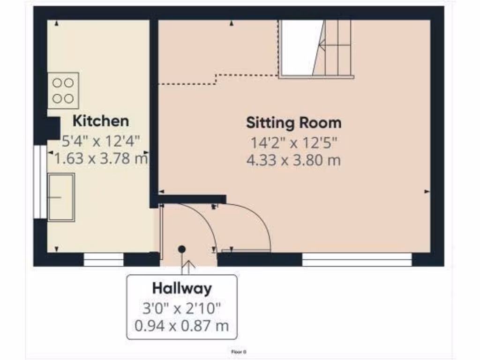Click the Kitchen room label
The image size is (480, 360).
[100, 121]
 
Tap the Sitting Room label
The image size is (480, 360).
[294, 123]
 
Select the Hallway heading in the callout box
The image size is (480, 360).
[181, 288]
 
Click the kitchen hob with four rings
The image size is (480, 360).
[63, 90]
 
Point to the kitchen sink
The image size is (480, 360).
[61, 197]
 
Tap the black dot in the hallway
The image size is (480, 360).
[182, 249]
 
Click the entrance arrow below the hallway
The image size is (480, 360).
[188, 268]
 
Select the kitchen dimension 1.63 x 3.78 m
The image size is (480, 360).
[101, 158]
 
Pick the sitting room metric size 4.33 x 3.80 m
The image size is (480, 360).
[293, 161]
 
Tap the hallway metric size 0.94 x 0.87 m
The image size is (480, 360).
[181, 325]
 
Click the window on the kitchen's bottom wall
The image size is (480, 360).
[103, 260]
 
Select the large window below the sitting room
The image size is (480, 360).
[357, 260]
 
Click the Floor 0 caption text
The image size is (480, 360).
[239, 351]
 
